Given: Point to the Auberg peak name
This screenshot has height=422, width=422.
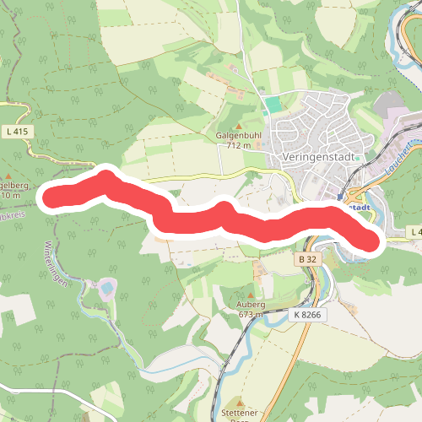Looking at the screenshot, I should click(x=252, y=304).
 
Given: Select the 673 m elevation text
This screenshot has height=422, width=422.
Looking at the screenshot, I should click(x=252, y=314).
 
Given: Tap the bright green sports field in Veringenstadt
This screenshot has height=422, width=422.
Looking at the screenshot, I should click(x=272, y=105).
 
